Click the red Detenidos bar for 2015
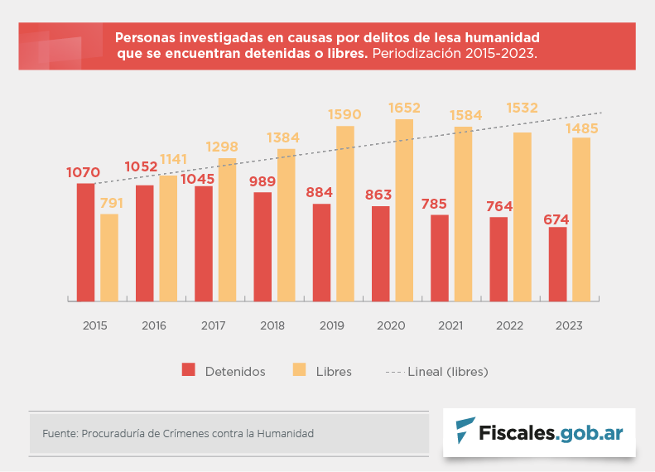[85, 242]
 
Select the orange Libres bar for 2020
[404, 210]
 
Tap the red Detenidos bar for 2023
[558, 263]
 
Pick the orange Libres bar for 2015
[109, 258]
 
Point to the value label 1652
[404, 108]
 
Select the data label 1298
[220, 147]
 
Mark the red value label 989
[262, 181]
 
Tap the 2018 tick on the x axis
[272, 325]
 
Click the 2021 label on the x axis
[450, 325]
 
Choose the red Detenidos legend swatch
[188, 370]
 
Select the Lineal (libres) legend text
[448, 372]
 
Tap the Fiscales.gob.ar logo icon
[465, 431]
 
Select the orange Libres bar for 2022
[523, 217]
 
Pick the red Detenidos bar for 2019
[321, 252]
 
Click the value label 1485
[581, 128]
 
